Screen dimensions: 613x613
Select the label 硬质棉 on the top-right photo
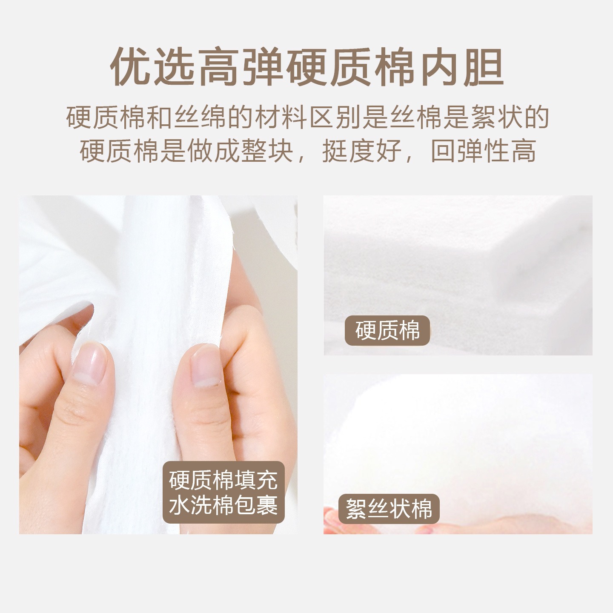[387, 330]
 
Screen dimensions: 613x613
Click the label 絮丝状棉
[389, 509]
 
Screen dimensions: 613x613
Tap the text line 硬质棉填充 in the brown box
[223, 480]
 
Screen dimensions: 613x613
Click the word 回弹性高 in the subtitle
[483, 151]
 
